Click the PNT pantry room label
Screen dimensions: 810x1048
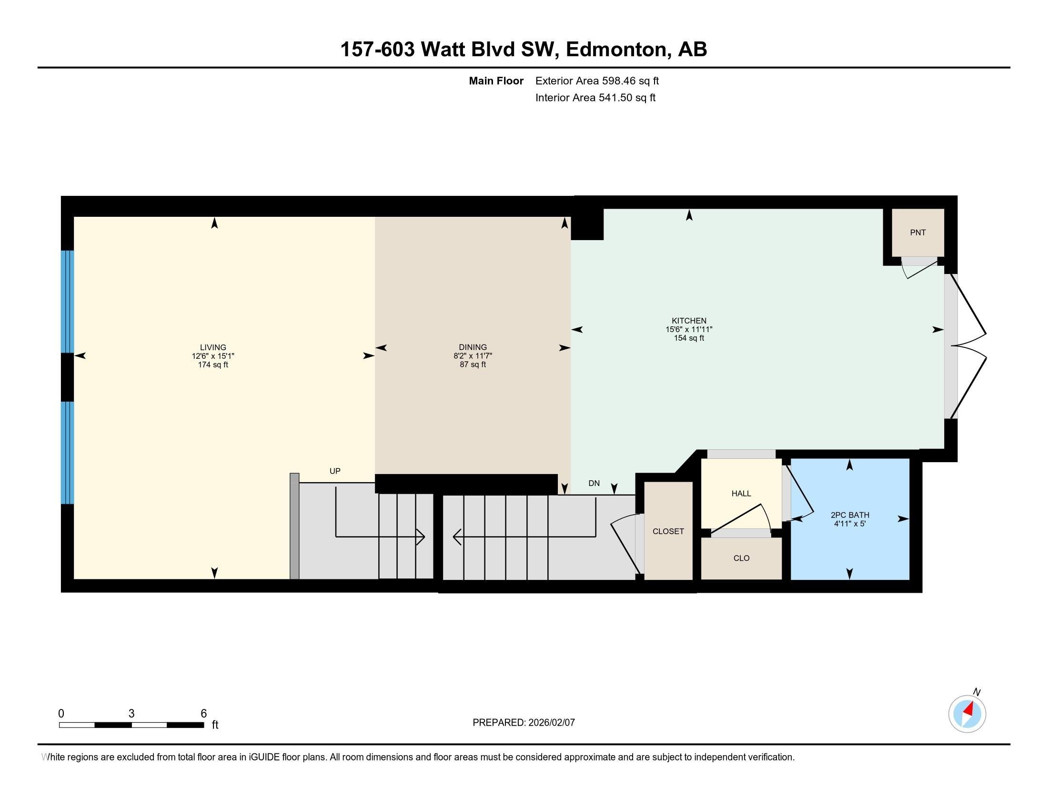pyautogui.click(x=917, y=233)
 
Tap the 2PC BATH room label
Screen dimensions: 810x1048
pyautogui.click(x=850, y=515)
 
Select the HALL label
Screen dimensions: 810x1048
pyautogui.click(x=741, y=493)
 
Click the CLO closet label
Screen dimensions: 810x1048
pyautogui.click(x=741, y=558)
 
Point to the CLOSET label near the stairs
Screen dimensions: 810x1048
pyautogui.click(x=668, y=531)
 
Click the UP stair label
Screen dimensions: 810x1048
pyautogui.click(x=335, y=471)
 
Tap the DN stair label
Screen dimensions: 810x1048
pyautogui.click(x=594, y=483)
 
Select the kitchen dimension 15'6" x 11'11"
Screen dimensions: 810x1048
pyautogui.click(x=689, y=330)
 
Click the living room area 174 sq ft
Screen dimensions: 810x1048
pyautogui.click(x=213, y=364)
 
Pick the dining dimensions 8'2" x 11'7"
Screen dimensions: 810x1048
pyautogui.click(x=473, y=356)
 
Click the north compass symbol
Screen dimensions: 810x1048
pyautogui.click(x=967, y=714)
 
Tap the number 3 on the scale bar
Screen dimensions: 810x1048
pyautogui.click(x=131, y=714)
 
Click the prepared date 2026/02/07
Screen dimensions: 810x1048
pyautogui.click(x=550, y=723)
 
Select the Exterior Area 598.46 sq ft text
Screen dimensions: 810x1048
pyautogui.click(x=597, y=81)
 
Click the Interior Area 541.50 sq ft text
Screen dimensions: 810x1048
pyautogui.click(x=595, y=98)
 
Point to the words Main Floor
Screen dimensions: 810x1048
pyautogui.click(x=496, y=81)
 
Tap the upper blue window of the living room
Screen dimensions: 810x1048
pyautogui.click(x=67, y=302)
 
